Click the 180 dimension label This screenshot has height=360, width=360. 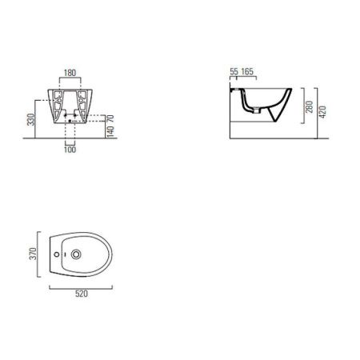pyautogui.click(x=70, y=73)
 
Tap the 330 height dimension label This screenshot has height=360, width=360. pyautogui.click(x=31, y=119)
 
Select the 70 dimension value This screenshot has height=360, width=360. pyautogui.click(x=110, y=118)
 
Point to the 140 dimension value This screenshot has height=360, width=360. pyautogui.click(x=110, y=130)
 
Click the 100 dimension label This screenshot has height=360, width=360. pyautogui.click(x=70, y=150)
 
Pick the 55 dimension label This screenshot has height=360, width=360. pyautogui.click(x=234, y=71)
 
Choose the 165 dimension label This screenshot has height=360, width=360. pyautogui.click(x=247, y=71)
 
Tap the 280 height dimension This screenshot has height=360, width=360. pyautogui.click(x=310, y=106)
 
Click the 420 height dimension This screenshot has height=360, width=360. pyautogui.click(x=322, y=112)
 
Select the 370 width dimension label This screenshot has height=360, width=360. pyautogui.click(x=33, y=254)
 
